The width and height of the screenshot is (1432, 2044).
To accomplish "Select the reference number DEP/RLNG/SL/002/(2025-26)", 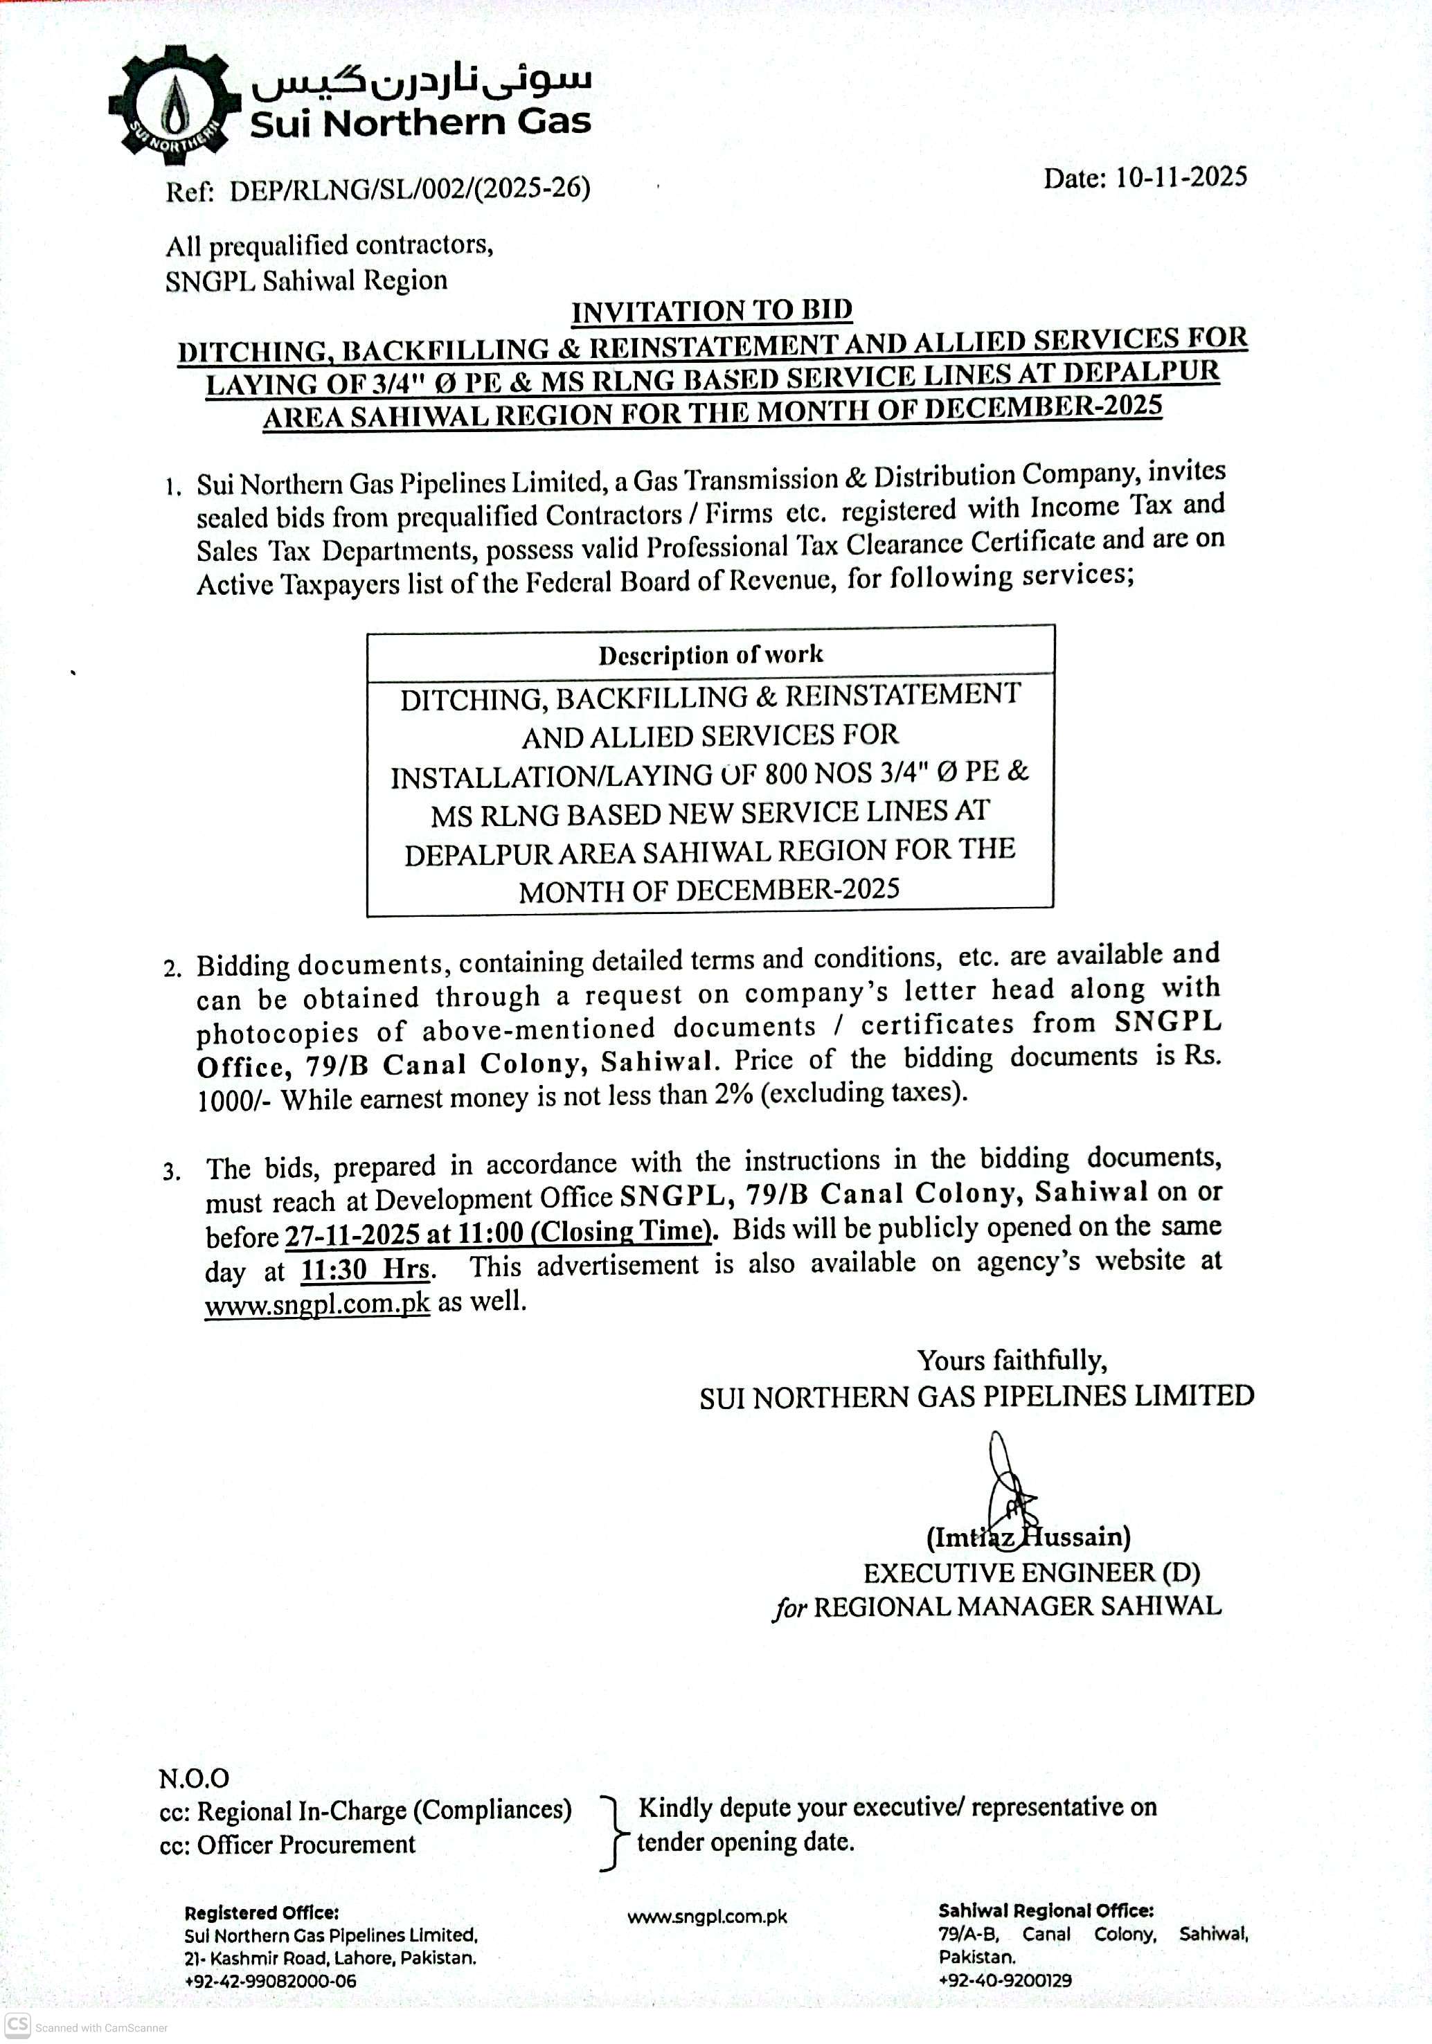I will pos(410,190).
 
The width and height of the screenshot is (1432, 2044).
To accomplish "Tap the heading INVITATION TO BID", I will pos(712,311).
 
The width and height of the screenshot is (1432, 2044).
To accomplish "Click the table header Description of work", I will pos(710,654).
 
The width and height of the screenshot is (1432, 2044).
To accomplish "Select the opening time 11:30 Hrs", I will pos(367,1268).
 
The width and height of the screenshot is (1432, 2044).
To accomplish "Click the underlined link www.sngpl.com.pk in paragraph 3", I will pos(317,1303).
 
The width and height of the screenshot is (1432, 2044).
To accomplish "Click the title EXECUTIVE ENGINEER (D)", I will pos(1031,1572).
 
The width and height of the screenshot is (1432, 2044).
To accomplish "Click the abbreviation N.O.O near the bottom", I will pos(193,1778).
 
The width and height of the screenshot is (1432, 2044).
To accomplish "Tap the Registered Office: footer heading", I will pos(261,1912).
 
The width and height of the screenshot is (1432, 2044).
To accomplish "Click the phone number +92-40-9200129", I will pos(1005,1980).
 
